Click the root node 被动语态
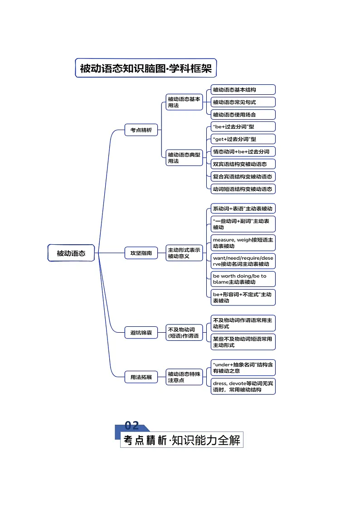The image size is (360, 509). pyautogui.click(x=71, y=253)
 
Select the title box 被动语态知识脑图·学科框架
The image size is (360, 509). pyautogui.click(x=146, y=68)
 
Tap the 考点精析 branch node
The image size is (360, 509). pyautogui.click(x=141, y=130)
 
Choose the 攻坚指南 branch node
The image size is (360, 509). pyautogui.click(x=141, y=253)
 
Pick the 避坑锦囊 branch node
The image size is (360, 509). pyautogui.click(x=141, y=333)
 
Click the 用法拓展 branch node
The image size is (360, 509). pyautogui.click(x=141, y=377)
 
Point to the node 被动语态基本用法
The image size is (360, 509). pyautogui.click(x=184, y=102)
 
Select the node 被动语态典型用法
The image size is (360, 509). pyautogui.click(x=184, y=158)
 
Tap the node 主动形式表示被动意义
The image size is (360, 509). pyautogui.click(x=184, y=253)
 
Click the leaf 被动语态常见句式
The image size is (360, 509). pyautogui.click(x=243, y=102)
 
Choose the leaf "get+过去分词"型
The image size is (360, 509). pyautogui.click(x=243, y=139)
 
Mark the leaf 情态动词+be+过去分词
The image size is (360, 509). pyautogui.click(x=243, y=151)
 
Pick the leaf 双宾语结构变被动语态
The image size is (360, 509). pyautogui.click(x=243, y=164)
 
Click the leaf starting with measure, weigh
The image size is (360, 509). pyautogui.click(x=243, y=243)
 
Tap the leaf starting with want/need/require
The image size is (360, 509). pyautogui.click(x=243, y=261)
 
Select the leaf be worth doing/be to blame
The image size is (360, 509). pyautogui.click(x=243, y=279)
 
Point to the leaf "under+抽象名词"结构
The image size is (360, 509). pyautogui.click(x=243, y=368)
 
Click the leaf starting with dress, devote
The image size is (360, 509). pyautogui.click(x=243, y=386)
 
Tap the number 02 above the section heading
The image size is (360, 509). pyautogui.click(x=131, y=426)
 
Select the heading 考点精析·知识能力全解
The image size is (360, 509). pyautogui.click(x=182, y=440)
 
